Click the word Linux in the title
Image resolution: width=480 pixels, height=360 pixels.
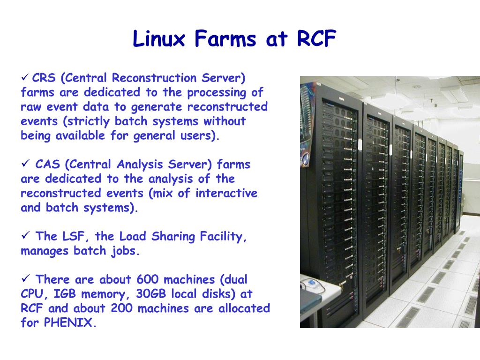[159, 39]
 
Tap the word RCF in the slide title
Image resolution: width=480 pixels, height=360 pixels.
[316, 39]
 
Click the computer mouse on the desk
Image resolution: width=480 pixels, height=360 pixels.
[310, 283]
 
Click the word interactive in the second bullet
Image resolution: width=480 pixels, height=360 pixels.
[226, 193]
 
